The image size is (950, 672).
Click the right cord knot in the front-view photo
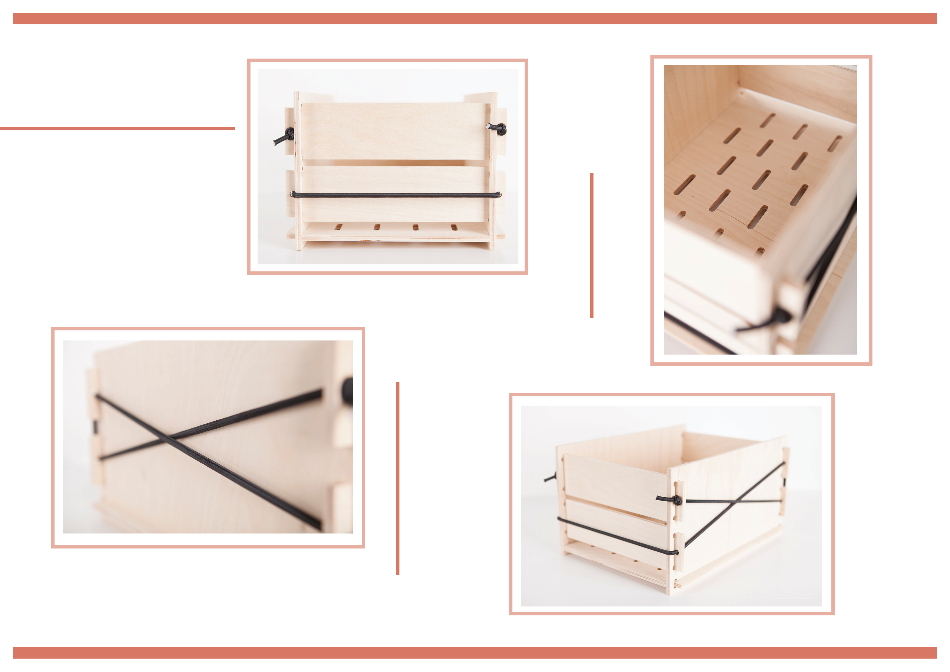pyautogui.click(x=502, y=129)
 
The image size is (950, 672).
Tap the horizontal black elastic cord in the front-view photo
pyautogui.click(x=395, y=194)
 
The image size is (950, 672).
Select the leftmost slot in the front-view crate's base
pyautogui.click(x=339, y=227)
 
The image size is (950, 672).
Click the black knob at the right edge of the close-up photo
pyautogui.click(x=347, y=389)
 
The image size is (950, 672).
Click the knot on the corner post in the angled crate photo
pyautogui.click(x=677, y=500)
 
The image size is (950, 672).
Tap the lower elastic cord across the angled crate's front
pyautogui.click(x=617, y=536)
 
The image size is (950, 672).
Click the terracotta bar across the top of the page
pyautogui.click(x=475, y=19)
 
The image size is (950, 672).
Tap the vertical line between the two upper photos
pyautogui.click(x=592, y=245)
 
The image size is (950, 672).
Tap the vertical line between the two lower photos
pyautogui.click(x=398, y=478)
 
